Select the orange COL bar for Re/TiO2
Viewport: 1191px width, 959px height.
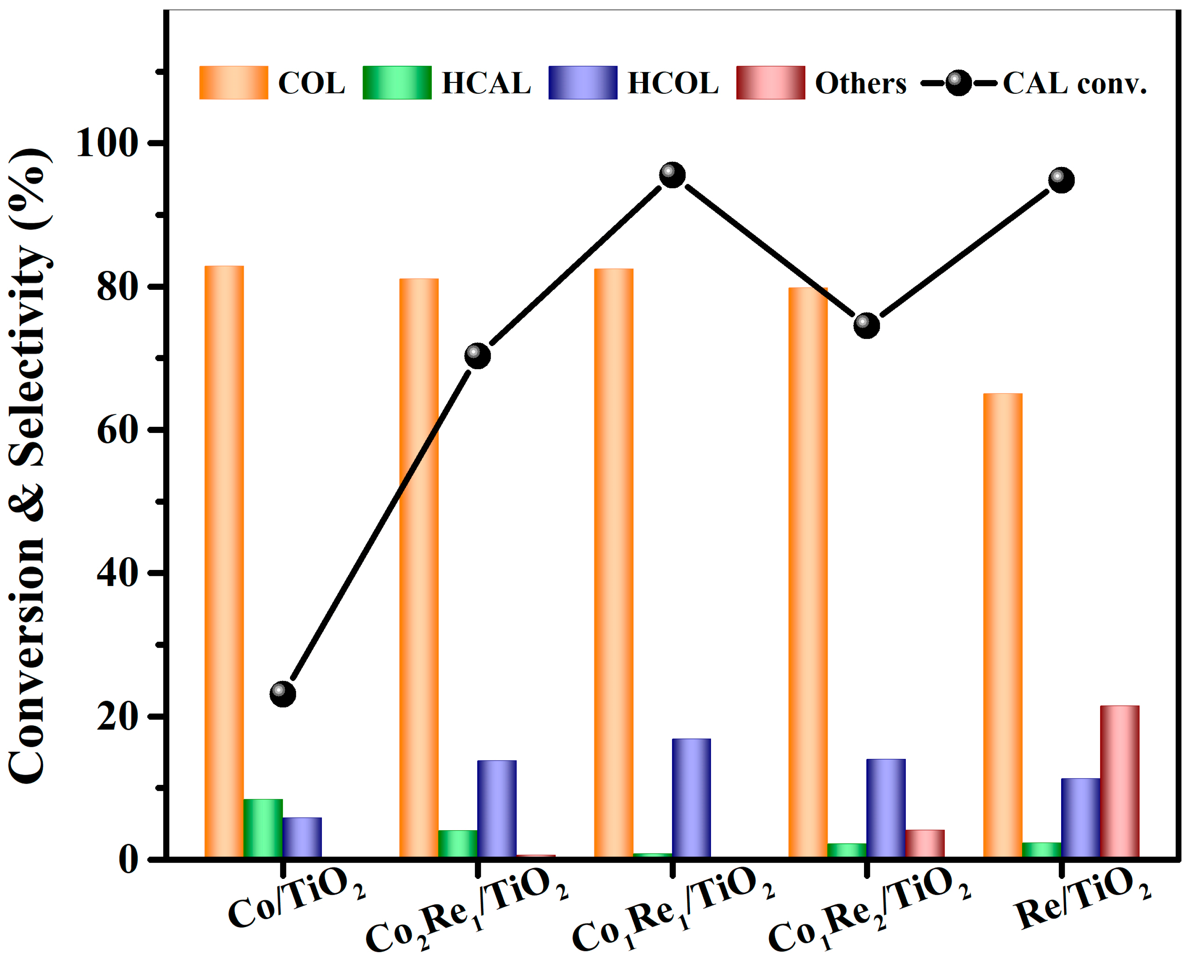[x=1003, y=625]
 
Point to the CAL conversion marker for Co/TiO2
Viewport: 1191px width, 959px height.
[x=283, y=693]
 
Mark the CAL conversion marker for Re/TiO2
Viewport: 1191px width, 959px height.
[x=1061, y=180]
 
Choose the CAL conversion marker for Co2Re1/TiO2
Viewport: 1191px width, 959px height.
[x=477, y=356]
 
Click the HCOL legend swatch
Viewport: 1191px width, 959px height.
[x=583, y=83]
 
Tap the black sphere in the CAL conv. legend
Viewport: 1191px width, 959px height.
[x=958, y=83]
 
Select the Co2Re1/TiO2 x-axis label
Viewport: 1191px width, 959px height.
[x=467, y=906]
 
